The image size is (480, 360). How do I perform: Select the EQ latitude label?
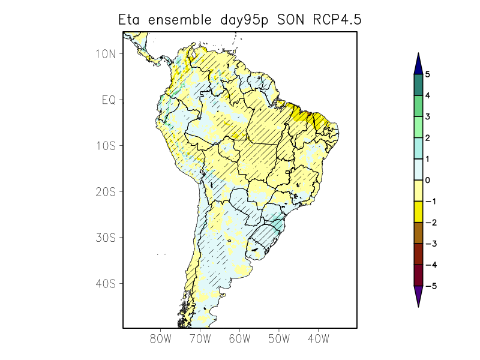[x=109, y=100]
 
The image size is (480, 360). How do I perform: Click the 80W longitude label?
[x=161, y=340]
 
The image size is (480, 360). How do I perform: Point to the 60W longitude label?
[x=239, y=340]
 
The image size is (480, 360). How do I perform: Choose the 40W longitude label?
[x=318, y=340]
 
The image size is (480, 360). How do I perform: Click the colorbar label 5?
[x=428, y=74]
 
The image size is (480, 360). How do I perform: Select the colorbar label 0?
[x=428, y=180]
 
